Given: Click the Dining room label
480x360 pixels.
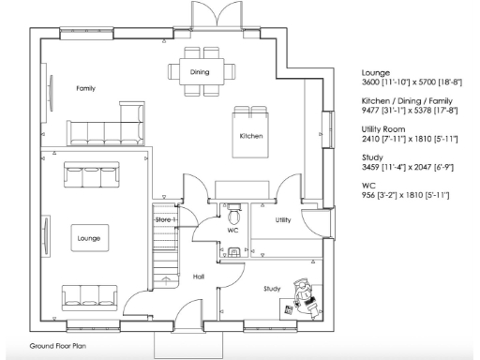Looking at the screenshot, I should (x=200, y=71).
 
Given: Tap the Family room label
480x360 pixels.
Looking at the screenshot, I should (x=85, y=88).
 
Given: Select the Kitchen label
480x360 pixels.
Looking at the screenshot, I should (x=250, y=137).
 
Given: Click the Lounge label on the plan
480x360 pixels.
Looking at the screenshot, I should (x=89, y=238).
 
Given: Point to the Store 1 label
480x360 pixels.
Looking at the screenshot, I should (x=166, y=219).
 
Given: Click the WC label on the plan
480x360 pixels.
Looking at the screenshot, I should (x=233, y=229).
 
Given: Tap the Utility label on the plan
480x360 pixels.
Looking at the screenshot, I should (x=282, y=220).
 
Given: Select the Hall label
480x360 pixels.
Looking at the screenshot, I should (x=199, y=277).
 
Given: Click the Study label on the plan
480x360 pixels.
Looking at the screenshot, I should (x=272, y=288).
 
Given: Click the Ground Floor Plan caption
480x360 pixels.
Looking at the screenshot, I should (x=57, y=346).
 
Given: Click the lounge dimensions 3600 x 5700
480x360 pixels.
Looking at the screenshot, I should (x=406, y=82).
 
